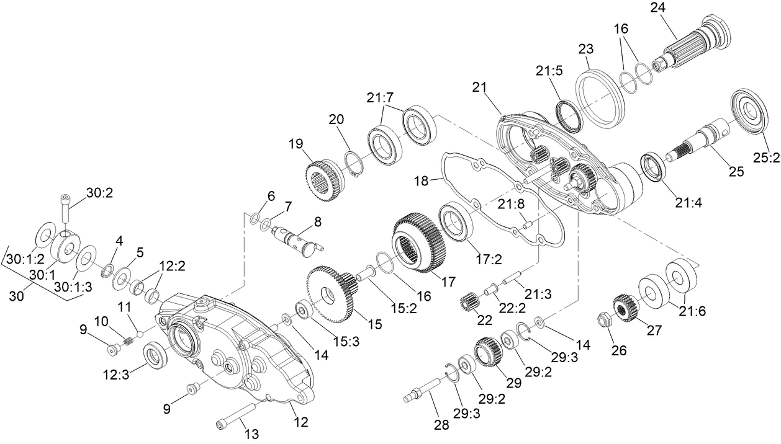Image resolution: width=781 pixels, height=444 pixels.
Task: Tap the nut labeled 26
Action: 602,321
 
